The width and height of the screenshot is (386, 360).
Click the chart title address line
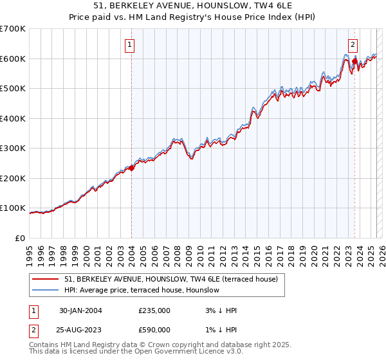tap(192, 6)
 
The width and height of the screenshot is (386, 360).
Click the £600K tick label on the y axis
tap(13, 59)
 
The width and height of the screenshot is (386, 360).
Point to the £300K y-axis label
tap(13, 148)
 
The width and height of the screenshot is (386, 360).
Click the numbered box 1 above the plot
tap(130, 45)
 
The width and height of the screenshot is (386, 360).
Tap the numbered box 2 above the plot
tap(353, 45)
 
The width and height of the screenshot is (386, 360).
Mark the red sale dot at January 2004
tap(132, 168)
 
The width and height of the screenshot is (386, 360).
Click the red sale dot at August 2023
tap(354, 62)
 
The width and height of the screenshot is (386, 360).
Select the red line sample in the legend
tap(46, 279)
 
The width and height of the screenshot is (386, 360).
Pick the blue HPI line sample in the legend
tap(46, 290)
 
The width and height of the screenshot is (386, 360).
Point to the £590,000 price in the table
tap(154, 329)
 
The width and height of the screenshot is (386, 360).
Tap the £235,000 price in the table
tap(154, 310)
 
